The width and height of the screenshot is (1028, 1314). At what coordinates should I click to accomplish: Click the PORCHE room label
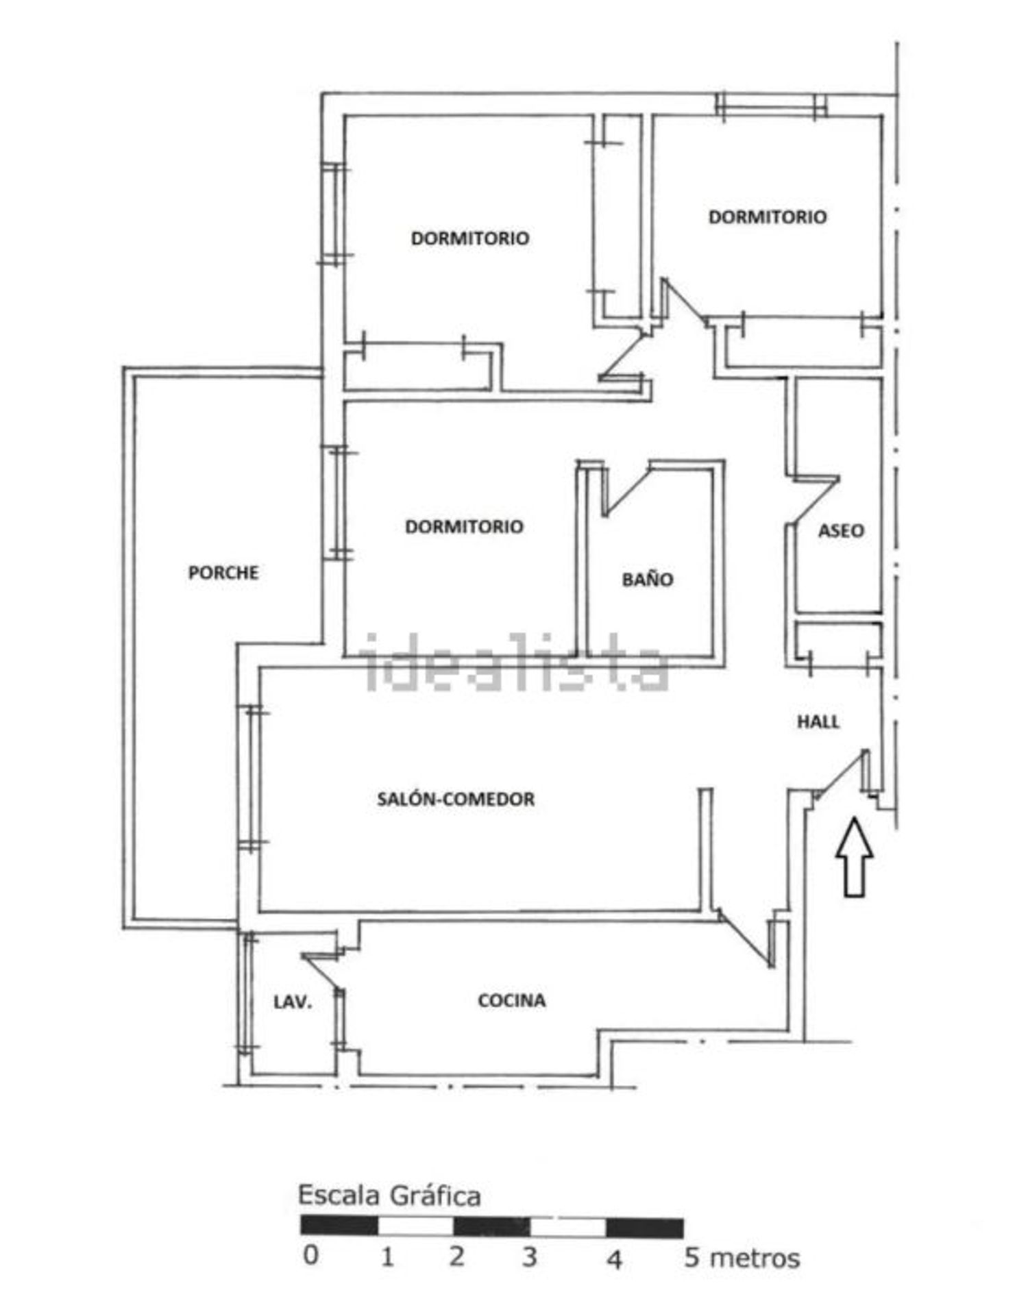tap(223, 572)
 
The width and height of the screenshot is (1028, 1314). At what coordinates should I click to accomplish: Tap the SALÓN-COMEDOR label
tap(456, 799)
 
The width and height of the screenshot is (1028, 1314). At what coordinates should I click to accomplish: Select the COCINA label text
tap(512, 1000)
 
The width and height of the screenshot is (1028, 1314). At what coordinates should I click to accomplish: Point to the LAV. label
tap(293, 1002)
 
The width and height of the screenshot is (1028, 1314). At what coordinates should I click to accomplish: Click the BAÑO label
tap(648, 580)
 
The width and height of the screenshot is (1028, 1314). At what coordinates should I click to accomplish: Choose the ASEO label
tap(841, 530)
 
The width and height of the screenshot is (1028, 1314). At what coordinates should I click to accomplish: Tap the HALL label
tap(818, 721)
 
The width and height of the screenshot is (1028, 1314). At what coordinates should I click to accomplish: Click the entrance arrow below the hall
tap(854, 857)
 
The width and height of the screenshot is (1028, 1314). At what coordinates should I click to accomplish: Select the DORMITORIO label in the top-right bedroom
tap(768, 217)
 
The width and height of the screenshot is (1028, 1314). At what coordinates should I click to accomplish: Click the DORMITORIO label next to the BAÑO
tap(465, 526)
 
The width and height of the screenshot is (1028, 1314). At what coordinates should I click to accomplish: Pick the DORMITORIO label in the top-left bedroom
tap(470, 238)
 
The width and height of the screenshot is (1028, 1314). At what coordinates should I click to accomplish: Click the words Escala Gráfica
tap(389, 1195)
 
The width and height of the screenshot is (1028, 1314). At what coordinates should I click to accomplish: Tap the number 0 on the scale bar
tap(310, 1255)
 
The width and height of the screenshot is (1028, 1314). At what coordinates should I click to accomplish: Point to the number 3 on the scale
tap(529, 1257)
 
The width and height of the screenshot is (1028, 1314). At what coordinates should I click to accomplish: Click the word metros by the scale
tap(755, 1259)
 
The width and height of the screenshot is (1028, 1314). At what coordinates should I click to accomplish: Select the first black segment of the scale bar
tap(339, 1226)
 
